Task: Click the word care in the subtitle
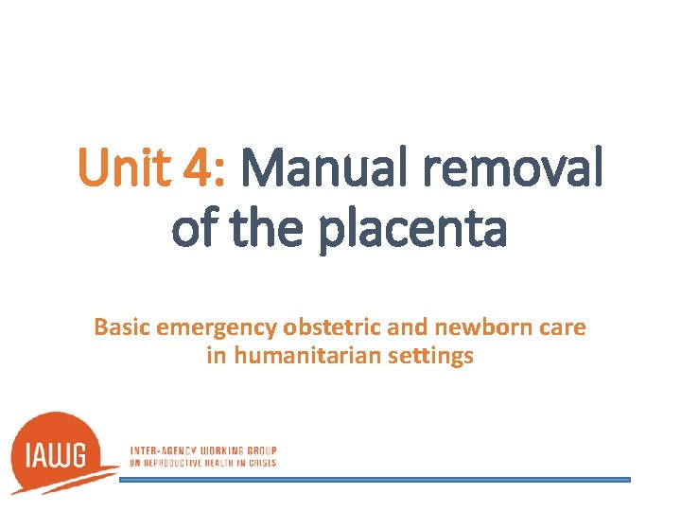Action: (564, 327)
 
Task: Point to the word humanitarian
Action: (306, 357)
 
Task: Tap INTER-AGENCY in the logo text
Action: (162, 450)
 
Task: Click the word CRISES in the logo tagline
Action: (261, 463)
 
